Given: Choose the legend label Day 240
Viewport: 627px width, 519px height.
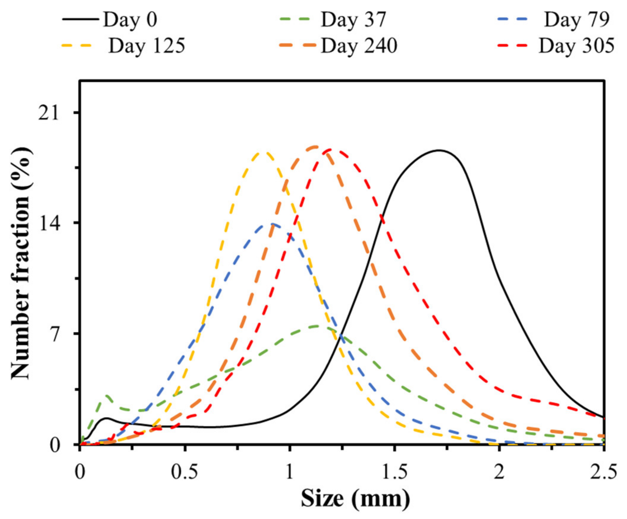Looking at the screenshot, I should pyautogui.click(x=359, y=46).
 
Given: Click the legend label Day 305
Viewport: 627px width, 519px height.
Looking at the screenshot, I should pyautogui.click(x=576, y=46).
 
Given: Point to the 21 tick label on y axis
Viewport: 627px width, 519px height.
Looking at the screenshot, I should pyautogui.click(x=48, y=113).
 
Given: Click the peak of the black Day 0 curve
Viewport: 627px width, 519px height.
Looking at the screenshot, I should pyautogui.click(x=439, y=150).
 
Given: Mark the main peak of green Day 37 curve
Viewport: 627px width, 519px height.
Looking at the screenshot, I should pyautogui.click(x=319, y=326).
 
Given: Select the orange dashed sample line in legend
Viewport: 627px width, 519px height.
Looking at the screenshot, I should pyautogui.click(x=297, y=46).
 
